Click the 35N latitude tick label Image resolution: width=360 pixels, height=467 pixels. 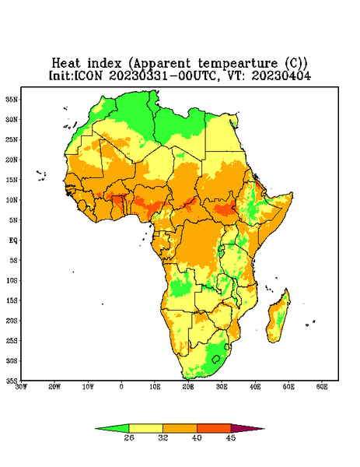(12, 99)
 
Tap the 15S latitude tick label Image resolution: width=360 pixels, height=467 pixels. (12, 300)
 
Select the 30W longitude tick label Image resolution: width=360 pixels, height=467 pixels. (21, 387)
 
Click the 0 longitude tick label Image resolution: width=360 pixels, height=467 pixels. (121, 387)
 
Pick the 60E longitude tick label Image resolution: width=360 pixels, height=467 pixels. (322, 387)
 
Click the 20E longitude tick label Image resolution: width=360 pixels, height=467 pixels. (188, 387)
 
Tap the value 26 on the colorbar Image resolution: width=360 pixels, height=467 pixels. (129, 437)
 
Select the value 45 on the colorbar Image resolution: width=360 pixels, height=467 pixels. (231, 437)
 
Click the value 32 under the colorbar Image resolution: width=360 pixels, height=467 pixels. (163, 437)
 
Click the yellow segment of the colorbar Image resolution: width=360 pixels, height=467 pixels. (145, 428)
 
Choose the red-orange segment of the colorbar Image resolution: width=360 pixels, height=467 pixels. (214, 428)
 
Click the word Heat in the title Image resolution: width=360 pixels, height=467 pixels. (66, 64)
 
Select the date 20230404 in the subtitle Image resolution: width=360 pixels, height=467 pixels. (281, 75)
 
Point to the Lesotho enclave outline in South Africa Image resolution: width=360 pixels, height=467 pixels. (216, 359)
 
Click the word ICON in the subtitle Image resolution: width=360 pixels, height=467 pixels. (88, 75)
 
